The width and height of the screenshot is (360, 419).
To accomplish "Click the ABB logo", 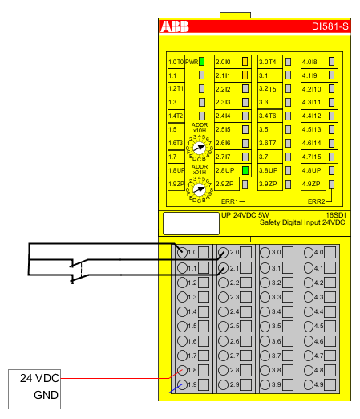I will click(x=176, y=27).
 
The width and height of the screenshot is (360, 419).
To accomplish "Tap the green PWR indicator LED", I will click(x=202, y=62).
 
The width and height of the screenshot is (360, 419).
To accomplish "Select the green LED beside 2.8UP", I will click(x=246, y=170).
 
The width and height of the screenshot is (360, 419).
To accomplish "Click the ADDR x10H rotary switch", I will click(x=200, y=148).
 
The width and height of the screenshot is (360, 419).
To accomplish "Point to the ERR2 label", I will click(x=317, y=200).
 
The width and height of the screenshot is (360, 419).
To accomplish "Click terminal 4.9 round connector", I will click(x=308, y=385).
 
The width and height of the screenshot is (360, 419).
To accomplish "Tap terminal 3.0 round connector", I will click(x=265, y=253).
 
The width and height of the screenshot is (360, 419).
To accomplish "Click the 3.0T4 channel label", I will click(x=268, y=62).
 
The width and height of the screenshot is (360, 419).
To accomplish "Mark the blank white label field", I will click(x=190, y=222).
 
